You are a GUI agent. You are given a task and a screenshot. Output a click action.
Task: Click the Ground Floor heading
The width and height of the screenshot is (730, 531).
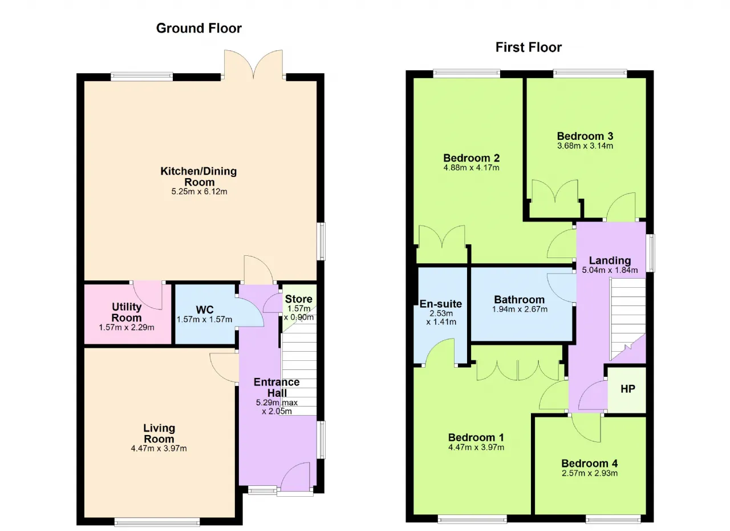pyautogui.click(x=199, y=29)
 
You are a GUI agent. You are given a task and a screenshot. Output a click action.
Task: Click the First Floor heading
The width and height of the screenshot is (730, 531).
pyautogui.click(x=529, y=47)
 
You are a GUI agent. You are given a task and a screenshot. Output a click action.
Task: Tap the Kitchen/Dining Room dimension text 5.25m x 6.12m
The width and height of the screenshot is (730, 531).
pyautogui.click(x=199, y=191)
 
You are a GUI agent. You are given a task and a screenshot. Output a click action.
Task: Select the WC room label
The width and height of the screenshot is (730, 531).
pyautogui.click(x=205, y=309)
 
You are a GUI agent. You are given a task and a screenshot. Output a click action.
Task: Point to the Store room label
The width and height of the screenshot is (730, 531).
pyautogui.click(x=298, y=299)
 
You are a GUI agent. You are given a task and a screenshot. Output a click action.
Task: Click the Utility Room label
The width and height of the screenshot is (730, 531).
pyautogui.click(x=127, y=312)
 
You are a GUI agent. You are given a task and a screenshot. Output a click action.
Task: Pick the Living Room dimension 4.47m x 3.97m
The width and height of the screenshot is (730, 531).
pyautogui.click(x=159, y=448)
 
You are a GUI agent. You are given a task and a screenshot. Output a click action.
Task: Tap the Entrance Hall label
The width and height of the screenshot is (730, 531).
pyautogui.click(x=277, y=388)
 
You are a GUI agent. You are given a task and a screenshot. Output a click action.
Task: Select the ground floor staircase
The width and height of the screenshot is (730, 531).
pyautogui.click(x=299, y=365)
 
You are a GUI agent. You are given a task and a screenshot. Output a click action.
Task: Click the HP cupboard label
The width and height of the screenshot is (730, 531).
pyautogui.click(x=628, y=389)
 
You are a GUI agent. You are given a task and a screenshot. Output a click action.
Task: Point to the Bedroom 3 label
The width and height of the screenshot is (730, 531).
pyautogui.click(x=585, y=136)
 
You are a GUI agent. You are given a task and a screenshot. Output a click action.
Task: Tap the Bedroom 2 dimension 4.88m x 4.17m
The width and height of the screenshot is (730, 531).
pyautogui.click(x=471, y=168)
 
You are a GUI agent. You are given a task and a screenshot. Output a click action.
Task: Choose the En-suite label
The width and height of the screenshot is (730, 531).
pyautogui.click(x=441, y=304)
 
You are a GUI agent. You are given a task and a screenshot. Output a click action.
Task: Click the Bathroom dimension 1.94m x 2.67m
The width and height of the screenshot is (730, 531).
pyautogui.click(x=520, y=309)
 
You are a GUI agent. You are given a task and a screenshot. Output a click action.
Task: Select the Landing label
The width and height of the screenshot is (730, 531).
pyautogui.click(x=610, y=260)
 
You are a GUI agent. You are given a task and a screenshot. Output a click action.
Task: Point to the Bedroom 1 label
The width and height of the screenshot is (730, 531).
pyautogui.click(x=476, y=437)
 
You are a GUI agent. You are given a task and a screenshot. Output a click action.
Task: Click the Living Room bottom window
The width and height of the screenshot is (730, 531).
pyautogui.click(x=157, y=522)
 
